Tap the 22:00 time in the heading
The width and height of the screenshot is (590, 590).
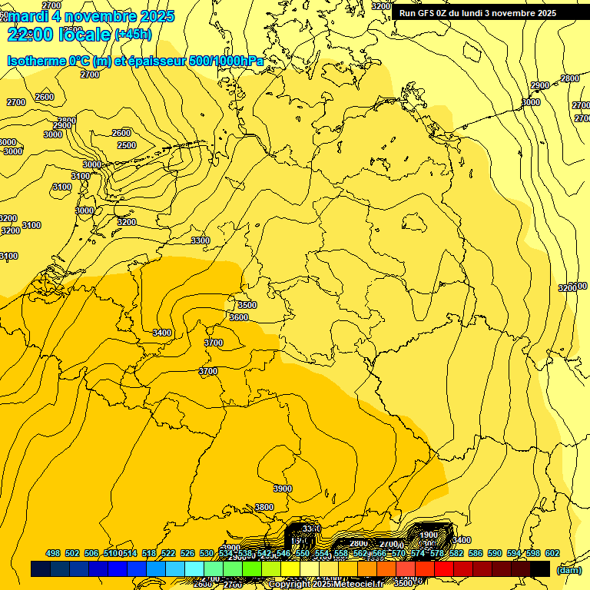(x=34, y=34)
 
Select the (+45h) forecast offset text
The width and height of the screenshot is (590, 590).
(x=132, y=35)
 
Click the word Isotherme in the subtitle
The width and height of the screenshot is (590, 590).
(x=36, y=61)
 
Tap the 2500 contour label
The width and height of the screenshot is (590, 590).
(x=126, y=145)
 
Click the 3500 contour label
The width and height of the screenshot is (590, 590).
(x=247, y=305)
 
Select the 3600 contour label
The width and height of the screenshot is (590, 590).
(x=238, y=317)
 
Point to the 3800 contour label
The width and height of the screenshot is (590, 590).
(x=264, y=507)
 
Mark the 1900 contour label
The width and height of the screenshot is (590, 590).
(x=428, y=535)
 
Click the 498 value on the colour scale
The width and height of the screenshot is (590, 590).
(x=53, y=553)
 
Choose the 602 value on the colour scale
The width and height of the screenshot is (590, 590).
(x=552, y=553)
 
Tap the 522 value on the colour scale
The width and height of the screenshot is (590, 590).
(x=168, y=553)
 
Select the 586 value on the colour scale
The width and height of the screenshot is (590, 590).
(x=476, y=553)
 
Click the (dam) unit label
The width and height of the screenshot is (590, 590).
(x=569, y=569)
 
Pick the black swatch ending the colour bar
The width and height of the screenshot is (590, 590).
(x=540, y=568)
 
